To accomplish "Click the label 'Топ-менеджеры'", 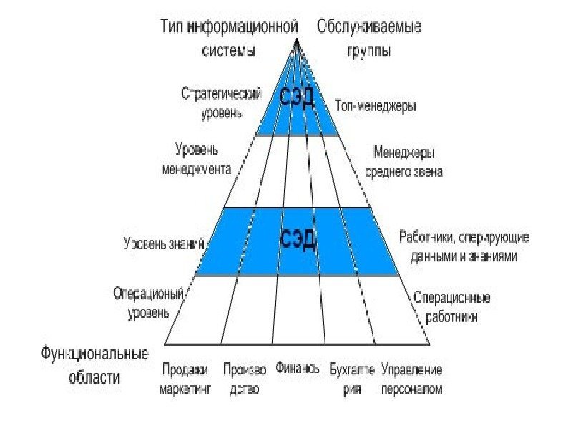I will click(375, 105).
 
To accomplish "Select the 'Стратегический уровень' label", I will click(221, 102).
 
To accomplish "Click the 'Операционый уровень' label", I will click(149, 302).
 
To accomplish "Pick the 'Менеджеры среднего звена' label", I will click(403, 162).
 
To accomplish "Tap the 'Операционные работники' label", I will click(451, 306).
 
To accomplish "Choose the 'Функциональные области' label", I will click(94, 364).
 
